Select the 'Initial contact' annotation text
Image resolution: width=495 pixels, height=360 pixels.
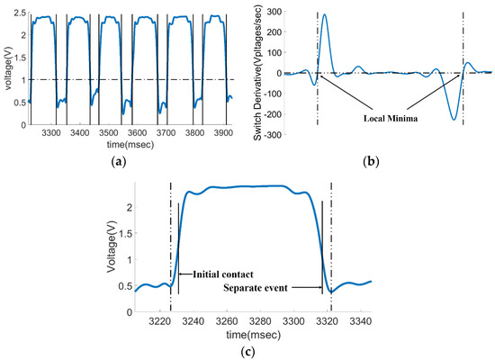tap(218, 274)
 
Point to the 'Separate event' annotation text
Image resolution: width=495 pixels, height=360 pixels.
tap(272, 287)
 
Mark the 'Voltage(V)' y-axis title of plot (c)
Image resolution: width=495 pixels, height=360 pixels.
tap(109, 242)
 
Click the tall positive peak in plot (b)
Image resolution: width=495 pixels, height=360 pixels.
tap(324, 15)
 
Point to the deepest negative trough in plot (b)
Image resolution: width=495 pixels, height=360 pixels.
tap(454, 119)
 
